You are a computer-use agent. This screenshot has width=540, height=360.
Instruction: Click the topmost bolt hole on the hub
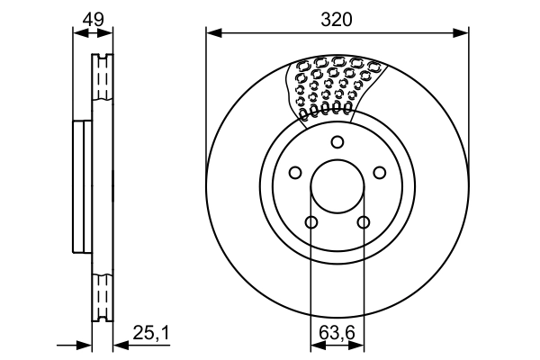337,141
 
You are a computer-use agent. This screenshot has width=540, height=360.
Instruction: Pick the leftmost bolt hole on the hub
294,174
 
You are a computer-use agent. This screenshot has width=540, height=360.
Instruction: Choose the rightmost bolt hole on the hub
381,174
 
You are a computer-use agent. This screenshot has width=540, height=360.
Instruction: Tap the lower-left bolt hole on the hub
310,223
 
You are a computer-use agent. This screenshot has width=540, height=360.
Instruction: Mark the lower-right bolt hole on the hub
364,223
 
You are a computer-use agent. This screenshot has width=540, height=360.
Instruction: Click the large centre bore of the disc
337,189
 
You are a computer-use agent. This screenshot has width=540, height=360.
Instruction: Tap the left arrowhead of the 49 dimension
77,33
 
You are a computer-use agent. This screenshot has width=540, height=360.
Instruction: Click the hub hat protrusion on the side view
82,189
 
